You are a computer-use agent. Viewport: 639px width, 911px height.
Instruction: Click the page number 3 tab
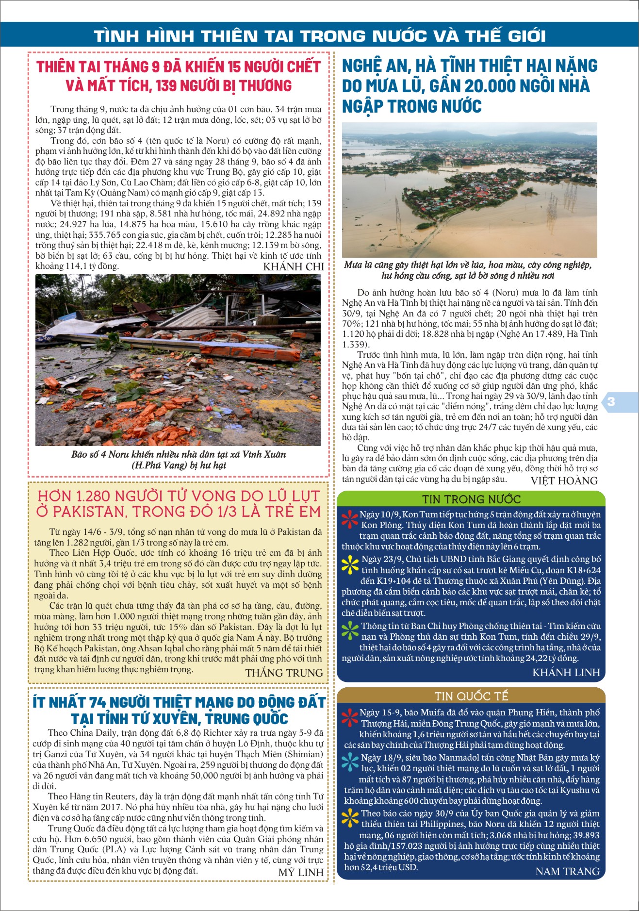611,402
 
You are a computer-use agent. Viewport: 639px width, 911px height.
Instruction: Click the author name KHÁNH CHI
293,267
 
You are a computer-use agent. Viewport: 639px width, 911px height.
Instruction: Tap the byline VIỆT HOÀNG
564,481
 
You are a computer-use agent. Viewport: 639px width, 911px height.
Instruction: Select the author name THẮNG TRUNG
284,673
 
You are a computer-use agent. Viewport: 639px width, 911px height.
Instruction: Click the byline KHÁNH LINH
566,673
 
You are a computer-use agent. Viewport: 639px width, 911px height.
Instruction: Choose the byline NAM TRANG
567,885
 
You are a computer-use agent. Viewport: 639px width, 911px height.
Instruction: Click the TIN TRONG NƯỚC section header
471,499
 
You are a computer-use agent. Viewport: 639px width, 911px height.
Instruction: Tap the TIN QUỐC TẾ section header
471,696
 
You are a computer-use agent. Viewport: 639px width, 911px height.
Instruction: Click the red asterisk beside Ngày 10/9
350,519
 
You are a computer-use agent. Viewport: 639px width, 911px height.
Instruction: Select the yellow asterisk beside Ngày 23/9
350,563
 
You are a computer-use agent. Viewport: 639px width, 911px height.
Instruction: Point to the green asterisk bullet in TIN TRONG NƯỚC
350,630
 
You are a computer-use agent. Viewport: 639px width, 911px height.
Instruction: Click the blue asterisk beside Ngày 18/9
350,762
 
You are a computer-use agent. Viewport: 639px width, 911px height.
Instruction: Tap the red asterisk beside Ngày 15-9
350,717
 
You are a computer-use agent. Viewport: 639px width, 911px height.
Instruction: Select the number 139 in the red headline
166,86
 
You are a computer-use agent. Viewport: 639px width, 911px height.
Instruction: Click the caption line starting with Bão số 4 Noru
178,455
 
